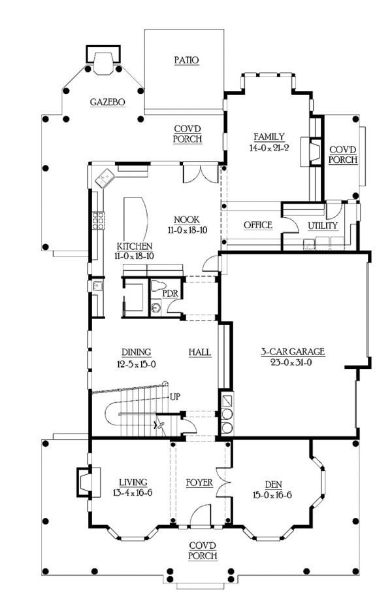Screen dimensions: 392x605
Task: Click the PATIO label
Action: pyautogui.click(x=187, y=60)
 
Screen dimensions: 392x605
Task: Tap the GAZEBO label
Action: pyautogui.click(x=108, y=102)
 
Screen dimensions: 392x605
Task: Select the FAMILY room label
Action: pyautogui.click(x=269, y=137)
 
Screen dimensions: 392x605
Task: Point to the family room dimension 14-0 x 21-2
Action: pyautogui.click(x=269, y=148)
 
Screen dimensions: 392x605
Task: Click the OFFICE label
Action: pyautogui.click(x=258, y=225)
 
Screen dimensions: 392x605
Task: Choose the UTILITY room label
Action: pyautogui.click(x=323, y=226)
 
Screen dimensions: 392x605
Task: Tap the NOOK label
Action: pyautogui.click(x=187, y=220)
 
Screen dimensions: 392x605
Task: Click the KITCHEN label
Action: pyautogui.click(x=135, y=246)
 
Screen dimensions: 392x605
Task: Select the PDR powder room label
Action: pyautogui.click(x=170, y=294)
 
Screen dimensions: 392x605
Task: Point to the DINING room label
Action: pyautogui.click(x=137, y=353)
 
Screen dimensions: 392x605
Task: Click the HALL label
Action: pyautogui.click(x=200, y=353)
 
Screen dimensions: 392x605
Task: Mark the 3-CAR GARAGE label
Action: pyautogui.click(x=293, y=351)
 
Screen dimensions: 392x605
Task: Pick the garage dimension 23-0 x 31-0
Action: pyautogui.click(x=292, y=363)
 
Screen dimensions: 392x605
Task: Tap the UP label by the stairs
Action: pyautogui.click(x=174, y=396)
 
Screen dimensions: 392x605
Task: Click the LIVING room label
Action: pyautogui.click(x=133, y=482)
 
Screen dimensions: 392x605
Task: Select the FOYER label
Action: pyautogui.click(x=199, y=483)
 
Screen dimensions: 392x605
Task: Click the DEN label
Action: pyautogui.click(x=273, y=485)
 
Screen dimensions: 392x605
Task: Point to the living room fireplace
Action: pyautogui.click(x=84, y=481)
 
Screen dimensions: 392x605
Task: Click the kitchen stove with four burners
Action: pyautogui.click(x=99, y=220)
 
